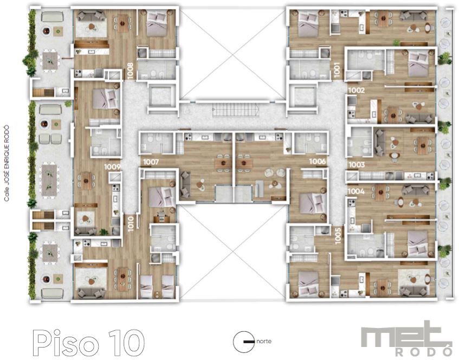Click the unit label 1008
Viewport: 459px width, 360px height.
pyautogui.click(x=131, y=71)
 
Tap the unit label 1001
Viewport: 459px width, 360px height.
pyautogui.click(x=337, y=70)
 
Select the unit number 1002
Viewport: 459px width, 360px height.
pyautogui.click(x=357, y=90)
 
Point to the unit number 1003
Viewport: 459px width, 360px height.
pyautogui.click(x=357, y=165)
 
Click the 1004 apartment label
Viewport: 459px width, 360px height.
pyautogui.click(x=356, y=191)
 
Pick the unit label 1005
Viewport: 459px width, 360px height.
pyautogui.click(x=338, y=236)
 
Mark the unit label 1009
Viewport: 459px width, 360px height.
pyautogui.click(x=112, y=167)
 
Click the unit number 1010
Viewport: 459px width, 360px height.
pyautogui.click(x=131, y=224)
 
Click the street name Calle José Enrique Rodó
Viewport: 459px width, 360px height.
pyautogui.click(x=7, y=163)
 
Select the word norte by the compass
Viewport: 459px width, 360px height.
pyautogui.click(x=264, y=341)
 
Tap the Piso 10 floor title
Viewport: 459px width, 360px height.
pyautogui.click(x=88, y=343)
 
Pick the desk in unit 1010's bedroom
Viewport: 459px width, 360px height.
pyautogui.click(x=161, y=217)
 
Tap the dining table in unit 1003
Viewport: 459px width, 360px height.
pyautogui.click(x=422, y=146)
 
